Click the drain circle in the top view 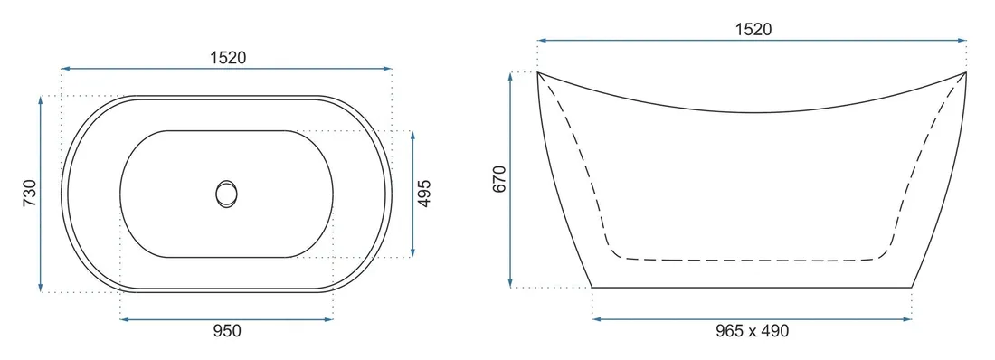pos(226,193)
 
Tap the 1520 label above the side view pos(752,29)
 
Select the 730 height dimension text pos(28,194)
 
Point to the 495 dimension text pos(425,194)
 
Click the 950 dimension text pos(226,331)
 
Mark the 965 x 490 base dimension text pos(752,331)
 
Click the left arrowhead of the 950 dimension pos(123,318)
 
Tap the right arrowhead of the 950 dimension pos(330,318)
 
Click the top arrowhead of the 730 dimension pos(42,98)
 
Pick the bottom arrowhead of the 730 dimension pos(42,289)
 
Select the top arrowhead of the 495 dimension pos(413,134)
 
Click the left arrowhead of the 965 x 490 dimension pos(595,318)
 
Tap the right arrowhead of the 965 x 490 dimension pos(909,318)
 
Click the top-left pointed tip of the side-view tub pos(538,72)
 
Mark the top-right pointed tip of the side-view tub pos(965,72)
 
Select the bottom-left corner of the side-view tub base pos(592,287)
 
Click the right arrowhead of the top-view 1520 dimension pos(389,68)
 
